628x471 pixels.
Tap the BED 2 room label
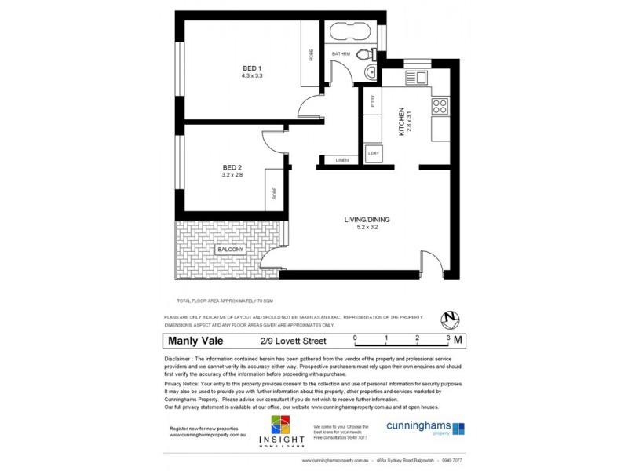coord(232,167)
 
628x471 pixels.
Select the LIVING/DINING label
coord(367,219)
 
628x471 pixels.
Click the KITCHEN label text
coord(401,122)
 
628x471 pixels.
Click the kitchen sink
coord(416,77)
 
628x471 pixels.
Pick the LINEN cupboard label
coord(341,160)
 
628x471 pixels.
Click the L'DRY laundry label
coord(374,153)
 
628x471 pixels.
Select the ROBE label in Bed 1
coord(311,55)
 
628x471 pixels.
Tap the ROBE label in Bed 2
coord(275,192)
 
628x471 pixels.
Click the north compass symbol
coord(450,319)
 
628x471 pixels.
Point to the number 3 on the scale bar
coord(448,336)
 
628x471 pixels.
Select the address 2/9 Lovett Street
coord(293,341)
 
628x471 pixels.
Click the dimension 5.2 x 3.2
coord(367,228)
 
